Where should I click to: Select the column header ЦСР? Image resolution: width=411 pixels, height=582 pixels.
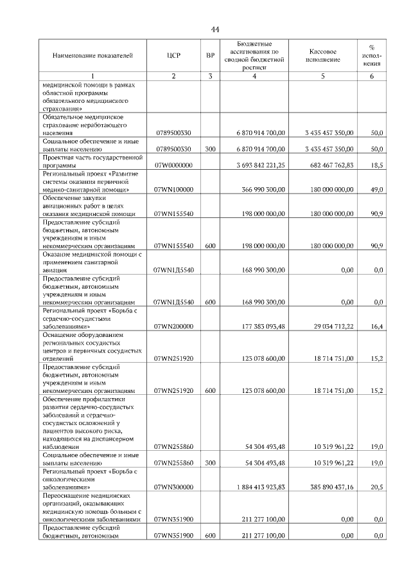[x=173, y=56]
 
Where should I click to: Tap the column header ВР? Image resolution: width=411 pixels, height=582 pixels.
[x=210, y=56]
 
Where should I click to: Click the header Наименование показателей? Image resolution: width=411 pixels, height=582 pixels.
[x=92, y=56]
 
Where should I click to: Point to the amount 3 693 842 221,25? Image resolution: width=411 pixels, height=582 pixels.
[x=260, y=165]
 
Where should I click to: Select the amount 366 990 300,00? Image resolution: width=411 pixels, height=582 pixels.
[x=263, y=190]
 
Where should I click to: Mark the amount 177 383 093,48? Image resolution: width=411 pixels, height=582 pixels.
[x=263, y=327]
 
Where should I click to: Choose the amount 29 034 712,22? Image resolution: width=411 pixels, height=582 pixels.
[x=331, y=327]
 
